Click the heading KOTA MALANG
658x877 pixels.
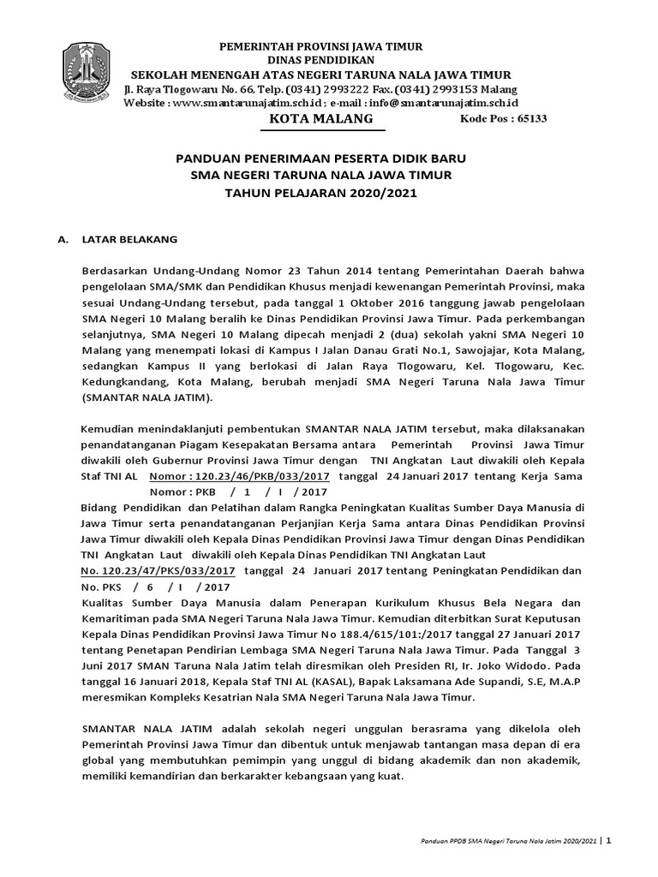[321, 119]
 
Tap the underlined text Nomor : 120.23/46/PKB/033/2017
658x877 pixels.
[241, 476]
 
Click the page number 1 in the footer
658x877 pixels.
[608, 842]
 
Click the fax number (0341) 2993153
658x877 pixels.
[447, 89]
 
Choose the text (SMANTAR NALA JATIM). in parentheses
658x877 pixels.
[148, 398]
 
